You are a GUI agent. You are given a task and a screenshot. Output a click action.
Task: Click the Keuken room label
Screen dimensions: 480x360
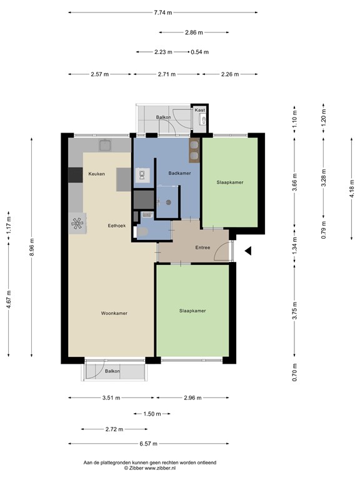coord(96,173)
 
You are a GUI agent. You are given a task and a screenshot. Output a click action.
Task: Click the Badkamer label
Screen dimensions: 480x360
coord(179,173)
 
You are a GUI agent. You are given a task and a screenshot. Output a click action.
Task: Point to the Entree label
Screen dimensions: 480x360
coord(202,247)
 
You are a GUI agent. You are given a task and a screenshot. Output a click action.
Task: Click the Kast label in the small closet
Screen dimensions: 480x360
coord(199,110)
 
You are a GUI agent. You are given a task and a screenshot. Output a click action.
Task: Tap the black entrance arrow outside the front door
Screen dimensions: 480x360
coord(247,251)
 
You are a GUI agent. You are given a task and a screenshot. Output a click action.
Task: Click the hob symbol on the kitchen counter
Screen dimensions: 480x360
coord(77,223)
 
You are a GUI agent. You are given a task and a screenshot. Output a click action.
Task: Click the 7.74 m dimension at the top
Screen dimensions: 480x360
coord(162,12)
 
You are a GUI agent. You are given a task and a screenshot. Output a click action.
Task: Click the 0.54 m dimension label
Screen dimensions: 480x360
coord(200,52)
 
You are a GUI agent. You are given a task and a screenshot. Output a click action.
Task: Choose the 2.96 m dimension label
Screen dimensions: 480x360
coord(193,398)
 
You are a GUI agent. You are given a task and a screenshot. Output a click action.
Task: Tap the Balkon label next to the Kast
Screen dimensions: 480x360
coord(164,117)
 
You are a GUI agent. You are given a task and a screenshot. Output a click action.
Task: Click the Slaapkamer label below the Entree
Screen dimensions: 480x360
coord(192,311)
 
